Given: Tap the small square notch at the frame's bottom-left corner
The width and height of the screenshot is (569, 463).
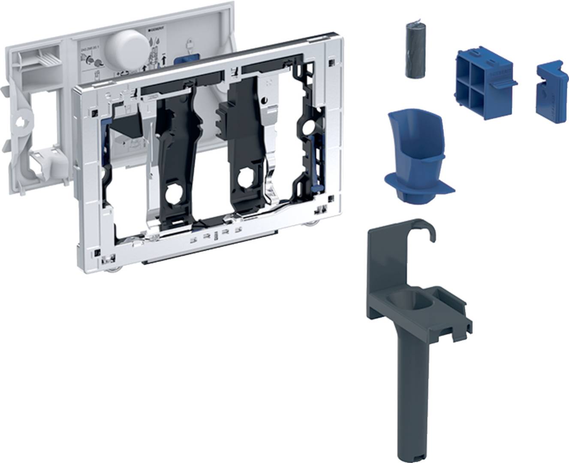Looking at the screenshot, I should pyautogui.click(x=98, y=253).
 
